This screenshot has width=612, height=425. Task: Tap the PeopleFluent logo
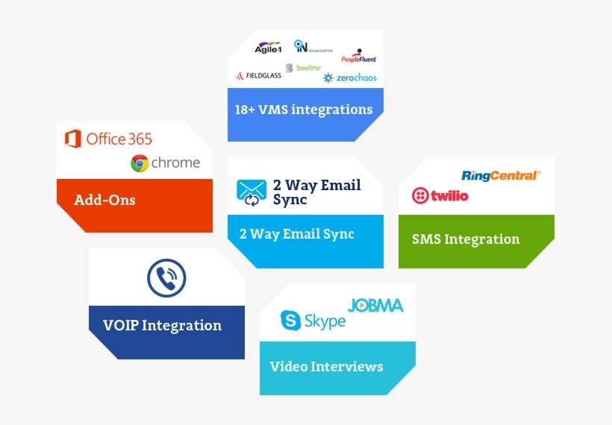point(359,58)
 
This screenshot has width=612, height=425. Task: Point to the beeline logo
point(304,68)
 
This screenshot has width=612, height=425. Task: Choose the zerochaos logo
point(350,78)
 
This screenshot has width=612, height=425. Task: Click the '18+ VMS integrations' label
point(303,110)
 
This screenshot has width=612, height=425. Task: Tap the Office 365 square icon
point(72,139)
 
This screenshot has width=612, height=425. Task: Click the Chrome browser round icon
point(140,163)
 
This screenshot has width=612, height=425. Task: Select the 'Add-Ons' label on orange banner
point(104,200)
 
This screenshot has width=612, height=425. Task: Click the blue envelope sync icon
point(252,191)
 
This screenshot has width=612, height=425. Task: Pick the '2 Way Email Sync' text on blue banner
point(296,234)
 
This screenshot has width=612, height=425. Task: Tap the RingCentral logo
point(500,176)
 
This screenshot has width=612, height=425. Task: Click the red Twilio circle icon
point(421,196)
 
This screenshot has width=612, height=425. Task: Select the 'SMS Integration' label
point(466,239)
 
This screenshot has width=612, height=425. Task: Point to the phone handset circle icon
point(166,278)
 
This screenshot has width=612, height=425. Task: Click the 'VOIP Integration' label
point(162,325)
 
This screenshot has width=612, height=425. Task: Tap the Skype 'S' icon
point(290,321)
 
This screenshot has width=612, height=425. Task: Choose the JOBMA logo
point(375,306)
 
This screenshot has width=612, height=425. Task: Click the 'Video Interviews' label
point(326,366)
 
